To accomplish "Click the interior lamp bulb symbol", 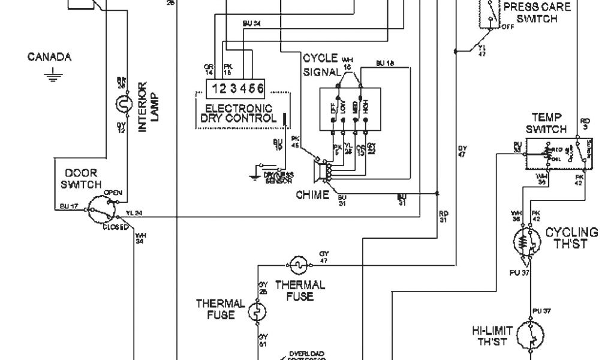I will (x=122, y=106).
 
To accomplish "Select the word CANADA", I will (x=49, y=58).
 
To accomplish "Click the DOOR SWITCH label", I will (x=81, y=179).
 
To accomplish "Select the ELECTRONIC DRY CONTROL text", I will (x=238, y=113).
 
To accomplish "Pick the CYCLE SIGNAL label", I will (x=320, y=65).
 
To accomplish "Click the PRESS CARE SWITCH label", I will (x=537, y=13).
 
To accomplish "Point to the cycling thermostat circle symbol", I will (x=527, y=243).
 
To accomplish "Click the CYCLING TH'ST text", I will (x=571, y=238).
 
